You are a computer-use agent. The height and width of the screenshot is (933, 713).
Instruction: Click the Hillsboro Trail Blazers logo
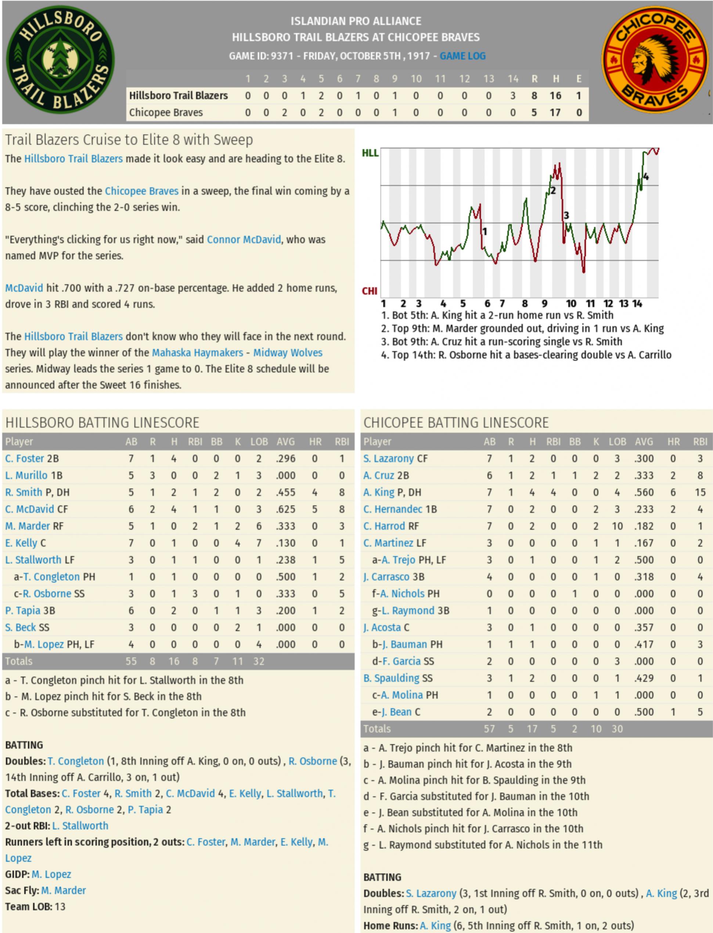coord(60,60)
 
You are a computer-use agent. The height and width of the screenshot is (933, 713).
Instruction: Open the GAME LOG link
coord(462,56)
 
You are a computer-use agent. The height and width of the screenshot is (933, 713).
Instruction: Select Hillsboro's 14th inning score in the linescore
coord(513,96)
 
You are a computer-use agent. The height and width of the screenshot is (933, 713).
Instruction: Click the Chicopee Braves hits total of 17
coord(555,112)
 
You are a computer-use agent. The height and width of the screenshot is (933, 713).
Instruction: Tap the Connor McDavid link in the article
coord(244,239)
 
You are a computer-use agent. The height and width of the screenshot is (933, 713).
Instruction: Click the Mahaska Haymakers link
coord(197,353)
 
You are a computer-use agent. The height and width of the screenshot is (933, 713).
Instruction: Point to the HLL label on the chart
coord(370,153)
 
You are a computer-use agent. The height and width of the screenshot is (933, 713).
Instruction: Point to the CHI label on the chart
coord(369,291)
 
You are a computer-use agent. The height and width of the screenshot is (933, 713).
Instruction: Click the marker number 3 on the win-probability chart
coord(566,216)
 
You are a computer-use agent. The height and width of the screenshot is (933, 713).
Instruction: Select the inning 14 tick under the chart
coord(637,304)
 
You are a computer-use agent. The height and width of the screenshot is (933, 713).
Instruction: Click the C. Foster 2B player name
coord(32,459)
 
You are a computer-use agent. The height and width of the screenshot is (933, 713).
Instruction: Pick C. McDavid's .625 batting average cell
coord(286,509)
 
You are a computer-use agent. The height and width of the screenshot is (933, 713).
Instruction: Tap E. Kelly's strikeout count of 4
coord(238,543)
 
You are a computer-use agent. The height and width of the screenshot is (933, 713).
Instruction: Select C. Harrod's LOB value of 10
coord(617,526)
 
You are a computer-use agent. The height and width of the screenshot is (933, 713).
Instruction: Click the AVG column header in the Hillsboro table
coord(286,442)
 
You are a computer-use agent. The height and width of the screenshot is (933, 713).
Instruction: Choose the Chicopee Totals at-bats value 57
coord(489,729)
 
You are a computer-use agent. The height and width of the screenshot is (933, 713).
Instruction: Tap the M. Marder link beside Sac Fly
coord(63,890)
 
